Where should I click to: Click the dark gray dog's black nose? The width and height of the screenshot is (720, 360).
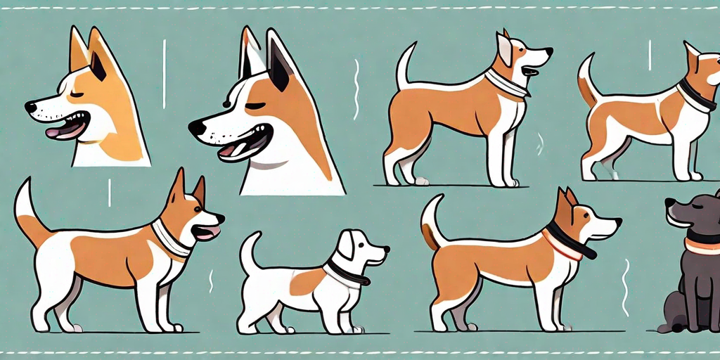[x=670, y=203]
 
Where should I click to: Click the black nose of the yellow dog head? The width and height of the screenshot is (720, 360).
[x=30, y=107]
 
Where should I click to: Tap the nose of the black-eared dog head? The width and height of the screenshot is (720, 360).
[x=196, y=127]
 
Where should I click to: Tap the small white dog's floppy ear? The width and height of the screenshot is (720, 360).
[x=346, y=247]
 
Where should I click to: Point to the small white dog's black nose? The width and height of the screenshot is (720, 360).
[x=386, y=249]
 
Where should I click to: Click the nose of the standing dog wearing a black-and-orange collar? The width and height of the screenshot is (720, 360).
[x=618, y=222]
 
